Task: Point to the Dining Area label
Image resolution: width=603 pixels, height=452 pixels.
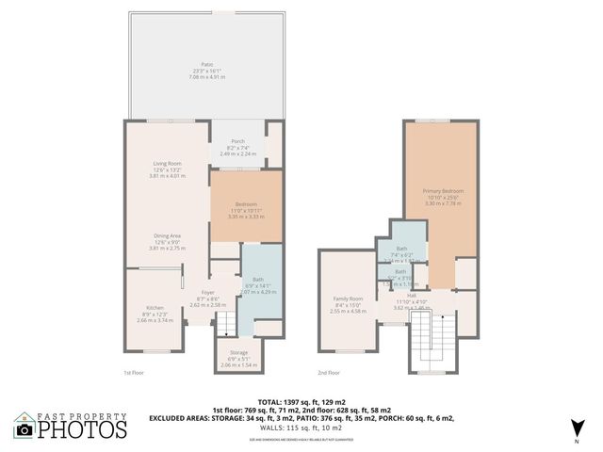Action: pos(168,235)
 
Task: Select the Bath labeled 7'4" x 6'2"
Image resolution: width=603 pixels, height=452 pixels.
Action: pos(401,249)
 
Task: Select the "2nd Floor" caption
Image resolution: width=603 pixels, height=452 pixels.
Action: pos(328,373)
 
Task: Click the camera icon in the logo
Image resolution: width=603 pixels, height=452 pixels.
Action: pos(25,429)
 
